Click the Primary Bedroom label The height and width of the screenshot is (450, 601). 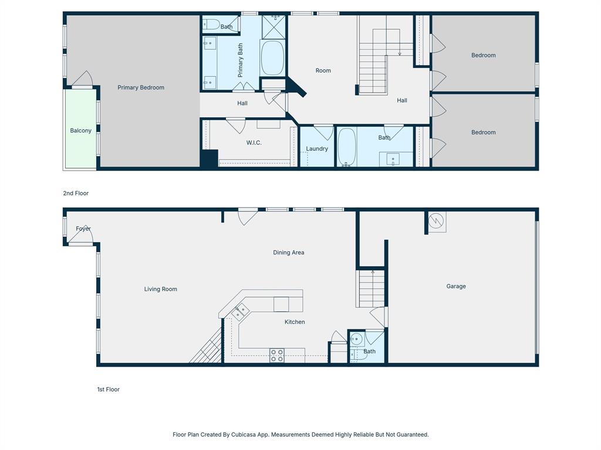tap(141, 88)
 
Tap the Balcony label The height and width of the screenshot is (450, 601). tap(80, 131)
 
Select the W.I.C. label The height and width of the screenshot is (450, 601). tap(254, 143)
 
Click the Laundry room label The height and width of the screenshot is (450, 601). tap(317, 149)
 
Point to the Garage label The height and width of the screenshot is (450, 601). tap(456, 287)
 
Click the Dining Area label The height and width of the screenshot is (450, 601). tap(289, 253)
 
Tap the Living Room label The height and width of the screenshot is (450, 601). tap(161, 289)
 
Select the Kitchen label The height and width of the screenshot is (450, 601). tap(295, 322)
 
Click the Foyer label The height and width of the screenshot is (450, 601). tap(83, 229)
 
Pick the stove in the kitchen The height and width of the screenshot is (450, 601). tap(277, 355)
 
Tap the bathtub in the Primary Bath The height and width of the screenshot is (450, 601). tap(272, 57)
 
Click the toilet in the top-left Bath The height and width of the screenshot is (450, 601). tap(211, 25)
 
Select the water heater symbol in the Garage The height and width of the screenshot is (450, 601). tap(436, 221)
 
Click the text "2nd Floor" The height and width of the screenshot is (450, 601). tap(76, 193)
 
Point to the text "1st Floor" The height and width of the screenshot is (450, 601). tap(109, 390)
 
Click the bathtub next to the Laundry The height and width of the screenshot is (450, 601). tap(347, 148)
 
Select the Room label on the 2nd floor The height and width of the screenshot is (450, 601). tap(323, 70)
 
